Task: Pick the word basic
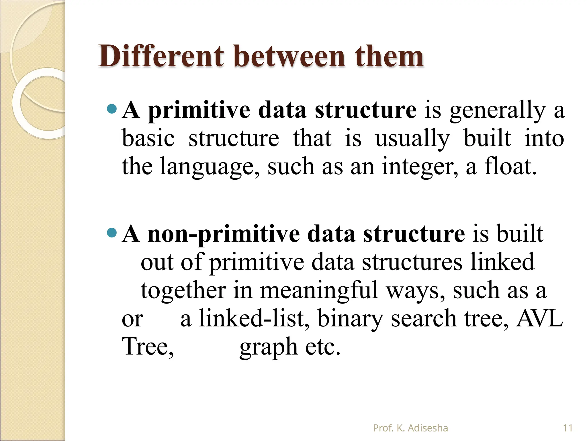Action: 148,138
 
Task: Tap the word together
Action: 183,291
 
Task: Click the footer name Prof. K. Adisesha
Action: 410,428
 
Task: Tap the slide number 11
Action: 568,428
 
